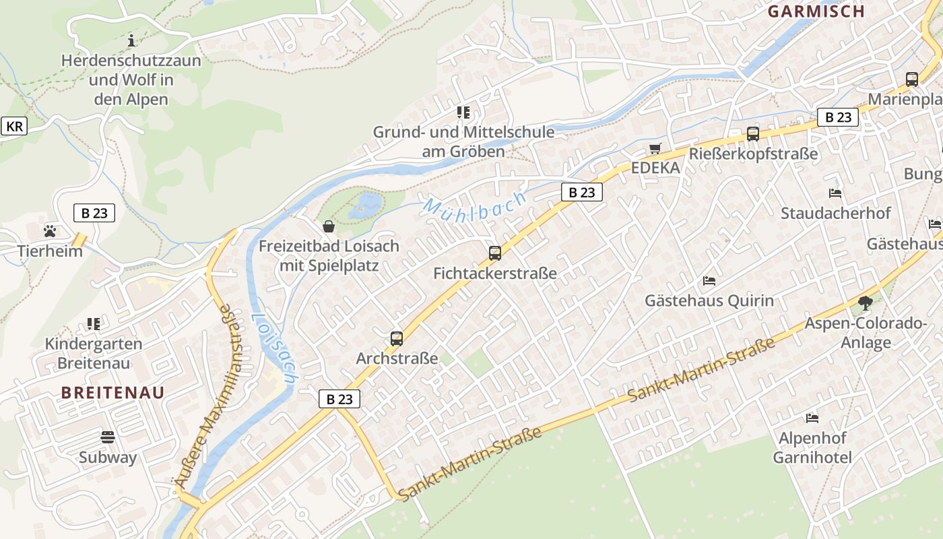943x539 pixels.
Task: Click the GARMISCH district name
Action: pyautogui.click(x=816, y=11)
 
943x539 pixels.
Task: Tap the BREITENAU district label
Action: pyautogui.click(x=113, y=393)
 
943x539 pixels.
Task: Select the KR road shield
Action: pyautogui.click(x=14, y=126)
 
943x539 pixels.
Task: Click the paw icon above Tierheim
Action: pyautogui.click(x=50, y=231)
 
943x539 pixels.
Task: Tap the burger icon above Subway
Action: pyautogui.click(x=108, y=437)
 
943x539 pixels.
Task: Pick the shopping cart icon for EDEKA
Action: pyautogui.click(x=655, y=148)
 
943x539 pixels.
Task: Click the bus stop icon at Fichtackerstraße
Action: pyautogui.click(x=495, y=253)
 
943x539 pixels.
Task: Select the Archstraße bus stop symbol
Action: pyautogui.click(x=397, y=338)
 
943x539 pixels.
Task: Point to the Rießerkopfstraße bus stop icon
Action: pyautogui.click(x=753, y=133)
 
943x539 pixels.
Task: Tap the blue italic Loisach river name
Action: pyautogui.click(x=274, y=348)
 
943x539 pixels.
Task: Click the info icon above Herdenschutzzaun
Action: pyautogui.click(x=131, y=41)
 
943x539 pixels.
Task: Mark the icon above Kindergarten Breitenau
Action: pyautogui.click(x=94, y=324)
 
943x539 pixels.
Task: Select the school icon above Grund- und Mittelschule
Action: pyautogui.click(x=463, y=112)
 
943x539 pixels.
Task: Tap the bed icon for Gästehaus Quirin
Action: pyautogui.click(x=709, y=280)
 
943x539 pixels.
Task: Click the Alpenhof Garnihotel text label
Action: pyautogui.click(x=812, y=448)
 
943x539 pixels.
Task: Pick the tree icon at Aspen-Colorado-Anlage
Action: pyautogui.click(x=866, y=303)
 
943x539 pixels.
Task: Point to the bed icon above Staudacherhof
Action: pyautogui.click(x=835, y=193)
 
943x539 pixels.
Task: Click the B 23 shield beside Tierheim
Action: pyautogui.click(x=94, y=213)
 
